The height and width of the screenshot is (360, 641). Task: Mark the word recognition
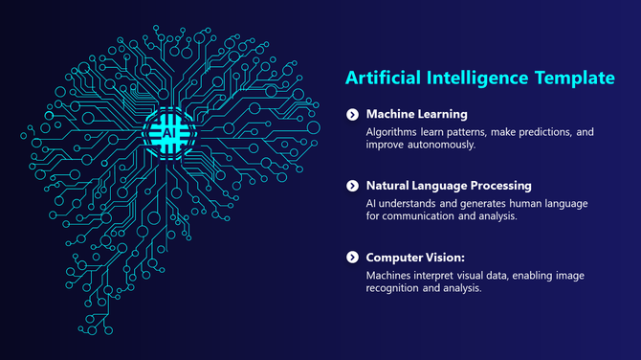tap(399, 289)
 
